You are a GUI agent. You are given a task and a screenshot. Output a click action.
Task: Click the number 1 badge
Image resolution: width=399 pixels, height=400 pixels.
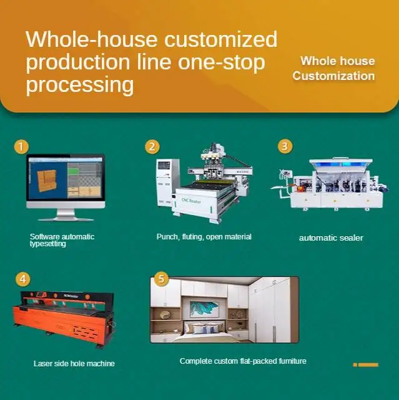(21, 147)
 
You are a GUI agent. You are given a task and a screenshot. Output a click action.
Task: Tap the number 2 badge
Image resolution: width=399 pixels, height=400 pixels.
(152, 147)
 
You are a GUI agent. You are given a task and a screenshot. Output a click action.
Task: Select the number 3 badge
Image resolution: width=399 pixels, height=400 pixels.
(285, 146)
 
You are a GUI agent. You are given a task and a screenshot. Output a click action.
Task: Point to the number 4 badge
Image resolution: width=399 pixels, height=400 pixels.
(23, 279)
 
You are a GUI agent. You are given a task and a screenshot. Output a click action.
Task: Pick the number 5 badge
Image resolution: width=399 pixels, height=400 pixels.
(161, 279)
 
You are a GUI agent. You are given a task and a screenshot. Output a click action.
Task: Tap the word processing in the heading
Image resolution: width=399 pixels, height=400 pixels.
(80, 85)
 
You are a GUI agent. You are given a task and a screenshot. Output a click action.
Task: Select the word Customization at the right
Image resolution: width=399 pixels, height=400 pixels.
(333, 76)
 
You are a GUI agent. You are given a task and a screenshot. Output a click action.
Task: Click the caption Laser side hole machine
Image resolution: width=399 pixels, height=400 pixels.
(74, 363)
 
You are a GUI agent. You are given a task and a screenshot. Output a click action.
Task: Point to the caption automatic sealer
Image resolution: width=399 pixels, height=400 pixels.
(331, 237)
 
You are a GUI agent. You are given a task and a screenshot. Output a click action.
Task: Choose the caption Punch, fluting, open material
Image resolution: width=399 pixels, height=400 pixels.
(204, 237)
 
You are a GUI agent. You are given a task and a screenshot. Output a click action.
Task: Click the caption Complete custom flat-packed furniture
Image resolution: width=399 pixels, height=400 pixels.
(243, 361)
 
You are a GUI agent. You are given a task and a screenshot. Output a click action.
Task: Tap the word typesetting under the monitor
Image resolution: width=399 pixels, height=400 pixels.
(47, 244)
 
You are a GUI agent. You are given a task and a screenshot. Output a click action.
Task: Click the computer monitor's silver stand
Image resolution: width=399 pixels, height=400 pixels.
(66, 215)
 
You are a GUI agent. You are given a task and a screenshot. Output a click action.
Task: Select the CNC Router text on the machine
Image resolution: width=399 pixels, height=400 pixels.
(191, 201)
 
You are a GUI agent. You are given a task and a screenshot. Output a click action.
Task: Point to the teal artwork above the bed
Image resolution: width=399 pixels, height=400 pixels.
(205, 309)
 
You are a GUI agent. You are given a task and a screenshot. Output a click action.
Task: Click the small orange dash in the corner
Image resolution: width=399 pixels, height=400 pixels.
(366, 365)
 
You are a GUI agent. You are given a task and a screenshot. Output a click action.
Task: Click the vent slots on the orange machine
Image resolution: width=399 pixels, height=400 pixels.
(86, 331)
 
